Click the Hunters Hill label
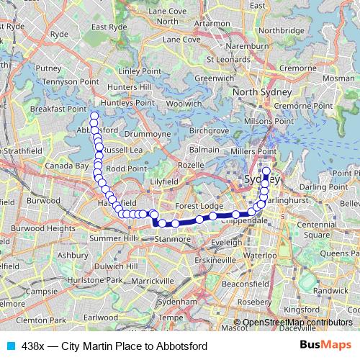[125, 87]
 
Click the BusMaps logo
[324, 346]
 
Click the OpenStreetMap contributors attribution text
[297, 323]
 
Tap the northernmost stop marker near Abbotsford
[93, 116]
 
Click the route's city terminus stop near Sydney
[266, 171]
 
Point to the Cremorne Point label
[302, 105]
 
